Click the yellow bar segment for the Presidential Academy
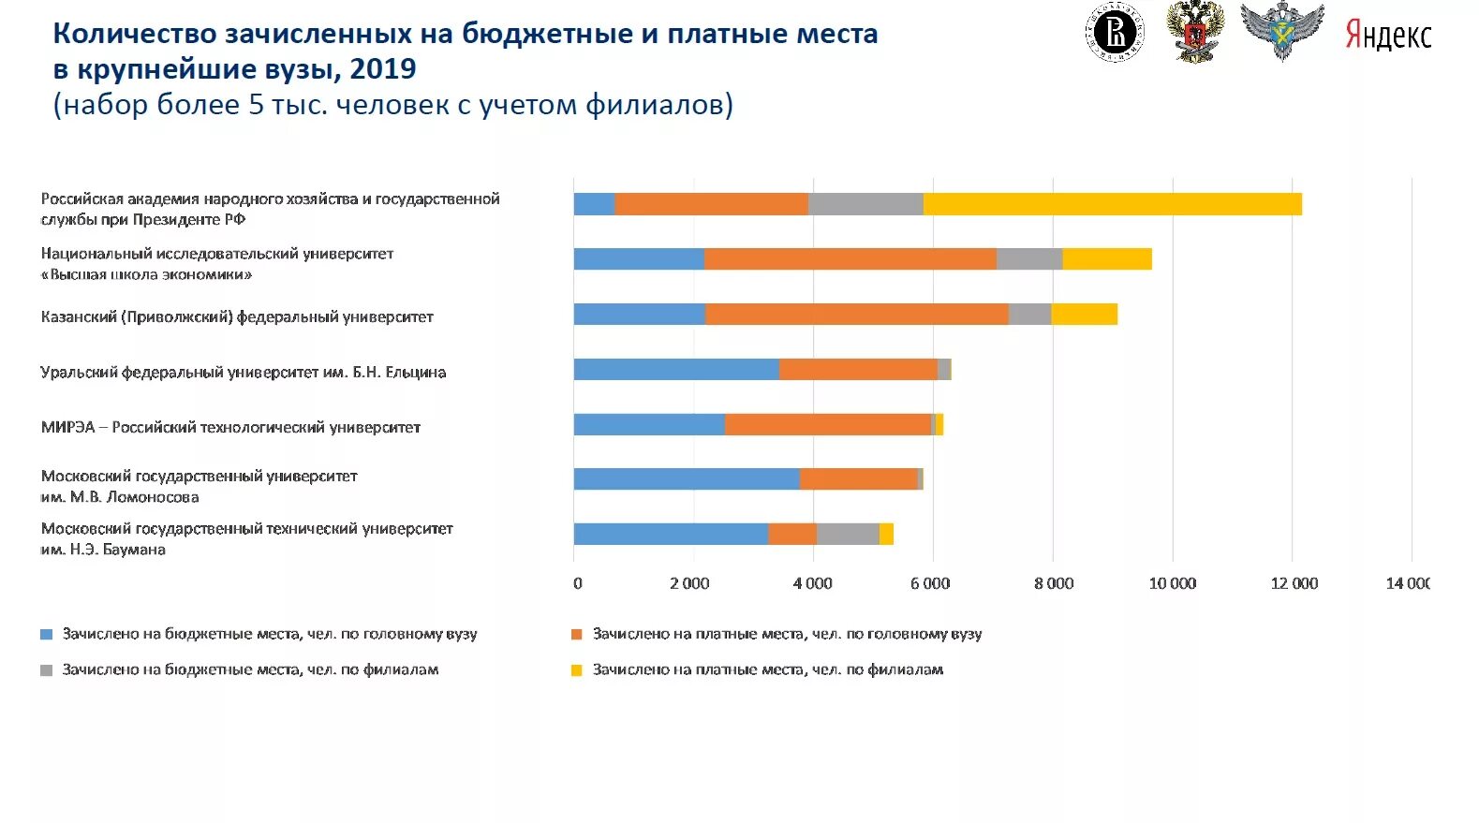pos(1112,204)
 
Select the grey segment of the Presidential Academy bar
pos(865,204)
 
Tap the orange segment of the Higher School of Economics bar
pos(850,259)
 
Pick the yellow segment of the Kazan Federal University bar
pos(1084,315)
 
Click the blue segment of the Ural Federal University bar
pos(676,370)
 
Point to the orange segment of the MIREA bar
pos(828,425)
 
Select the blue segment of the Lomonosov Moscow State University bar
pos(687,479)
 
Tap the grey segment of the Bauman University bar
pos(848,535)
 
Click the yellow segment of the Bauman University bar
pos(886,535)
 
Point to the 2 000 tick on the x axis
pos(689,584)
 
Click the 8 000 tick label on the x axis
pos(1054,584)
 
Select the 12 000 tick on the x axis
pos(1294,584)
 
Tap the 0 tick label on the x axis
pos(577,584)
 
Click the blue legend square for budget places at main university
pos(47,635)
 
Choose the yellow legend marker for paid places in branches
pos(577,670)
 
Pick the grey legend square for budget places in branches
pos(47,670)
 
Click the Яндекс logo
pos(1388,36)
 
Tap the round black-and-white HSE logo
pos(1116,34)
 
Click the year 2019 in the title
pos(383,69)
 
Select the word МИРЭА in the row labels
pos(67,428)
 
